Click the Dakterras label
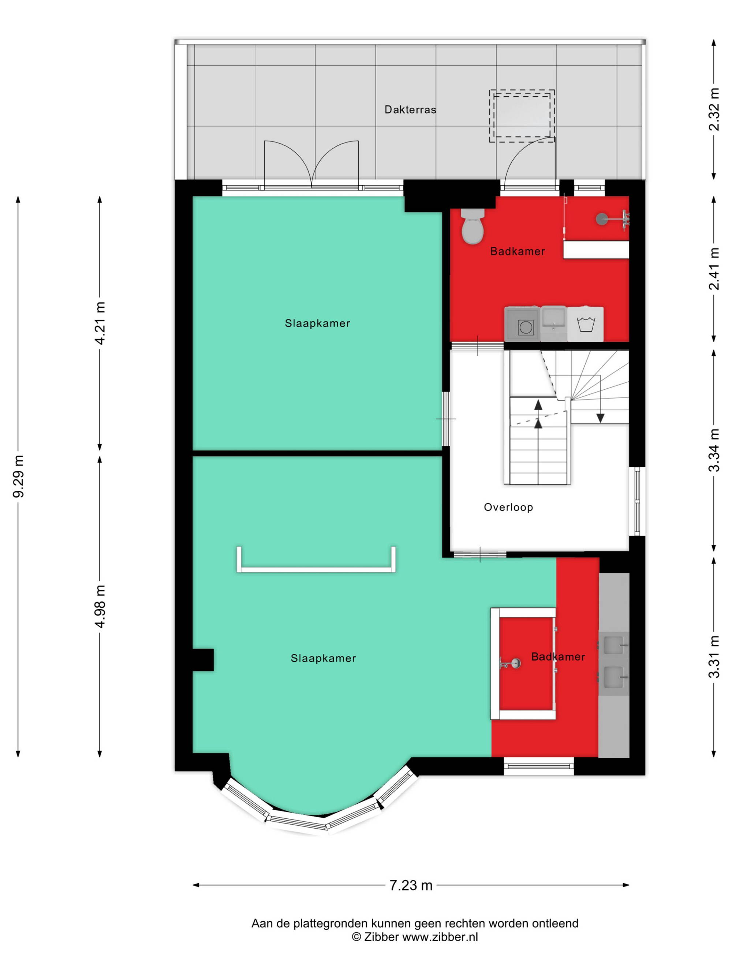click(x=410, y=109)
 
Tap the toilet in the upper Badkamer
click(x=472, y=226)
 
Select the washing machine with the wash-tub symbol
click(x=585, y=323)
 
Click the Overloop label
click(x=508, y=507)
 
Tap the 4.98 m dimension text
click(x=101, y=606)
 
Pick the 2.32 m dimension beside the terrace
click(x=714, y=109)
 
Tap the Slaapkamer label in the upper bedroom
click(x=317, y=323)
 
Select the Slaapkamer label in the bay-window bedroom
click(x=323, y=658)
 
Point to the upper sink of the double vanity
click(x=613, y=645)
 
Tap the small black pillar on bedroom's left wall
click(x=203, y=660)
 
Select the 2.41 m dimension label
click(x=714, y=269)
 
